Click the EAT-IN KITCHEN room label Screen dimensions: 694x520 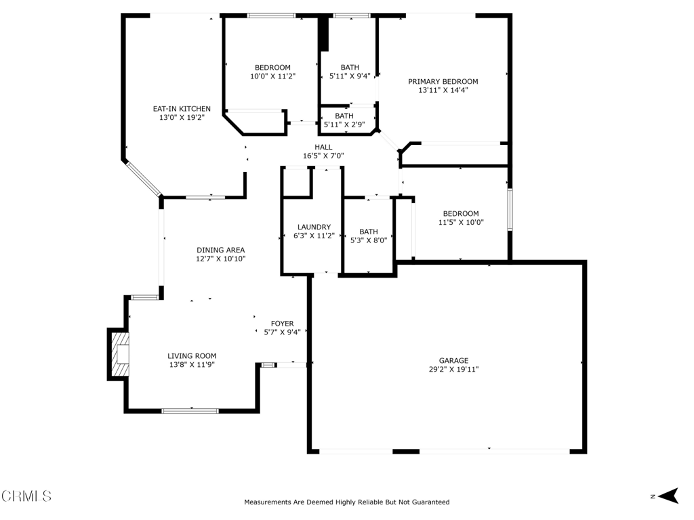pyautogui.click(x=182, y=109)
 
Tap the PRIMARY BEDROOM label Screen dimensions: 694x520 pyautogui.click(x=443, y=81)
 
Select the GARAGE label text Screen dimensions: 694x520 pyautogui.click(x=453, y=360)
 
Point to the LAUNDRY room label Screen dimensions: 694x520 pyautogui.click(x=314, y=227)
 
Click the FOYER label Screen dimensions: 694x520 pyautogui.click(x=283, y=324)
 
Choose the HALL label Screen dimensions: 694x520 pyautogui.click(x=323, y=147)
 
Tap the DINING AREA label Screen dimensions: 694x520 pyautogui.click(x=220, y=250)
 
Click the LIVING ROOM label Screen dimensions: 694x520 pyautogui.click(x=192, y=355)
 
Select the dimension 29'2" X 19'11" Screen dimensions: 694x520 pyautogui.click(x=453, y=369)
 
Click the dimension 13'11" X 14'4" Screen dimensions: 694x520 pyautogui.click(x=443, y=90)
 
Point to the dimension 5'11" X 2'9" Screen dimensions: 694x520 pyautogui.click(x=344, y=125)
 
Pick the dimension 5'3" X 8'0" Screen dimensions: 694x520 pyautogui.click(x=369, y=240)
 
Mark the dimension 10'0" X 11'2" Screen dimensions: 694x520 pyautogui.click(x=272, y=76)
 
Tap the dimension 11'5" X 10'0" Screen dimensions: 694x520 pyautogui.click(x=461, y=222)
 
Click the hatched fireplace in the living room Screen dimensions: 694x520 pyautogui.click(x=120, y=353)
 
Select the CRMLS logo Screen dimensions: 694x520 pyautogui.click(x=26, y=496)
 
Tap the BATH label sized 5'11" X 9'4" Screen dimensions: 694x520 pyautogui.click(x=350, y=67)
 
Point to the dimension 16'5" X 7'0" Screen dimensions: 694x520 pyautogui.click(x=323, y=156)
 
